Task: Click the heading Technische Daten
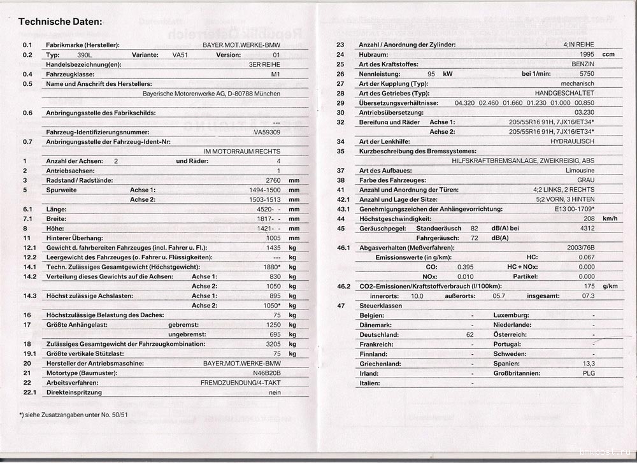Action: coord(60,22)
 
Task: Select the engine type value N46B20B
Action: coord(267,373)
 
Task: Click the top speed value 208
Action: coord(589,218)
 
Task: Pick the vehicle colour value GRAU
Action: coord(585,180)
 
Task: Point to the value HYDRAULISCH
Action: coord(573,141)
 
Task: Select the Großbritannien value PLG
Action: coord(588,373)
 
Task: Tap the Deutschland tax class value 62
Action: coord(470,334)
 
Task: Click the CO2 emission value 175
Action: coord(589,287)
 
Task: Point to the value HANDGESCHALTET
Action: coord(564,93)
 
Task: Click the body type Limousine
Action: coord(580,171)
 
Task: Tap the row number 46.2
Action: coord(343,287)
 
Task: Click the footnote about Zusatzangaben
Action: coord(73,415)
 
